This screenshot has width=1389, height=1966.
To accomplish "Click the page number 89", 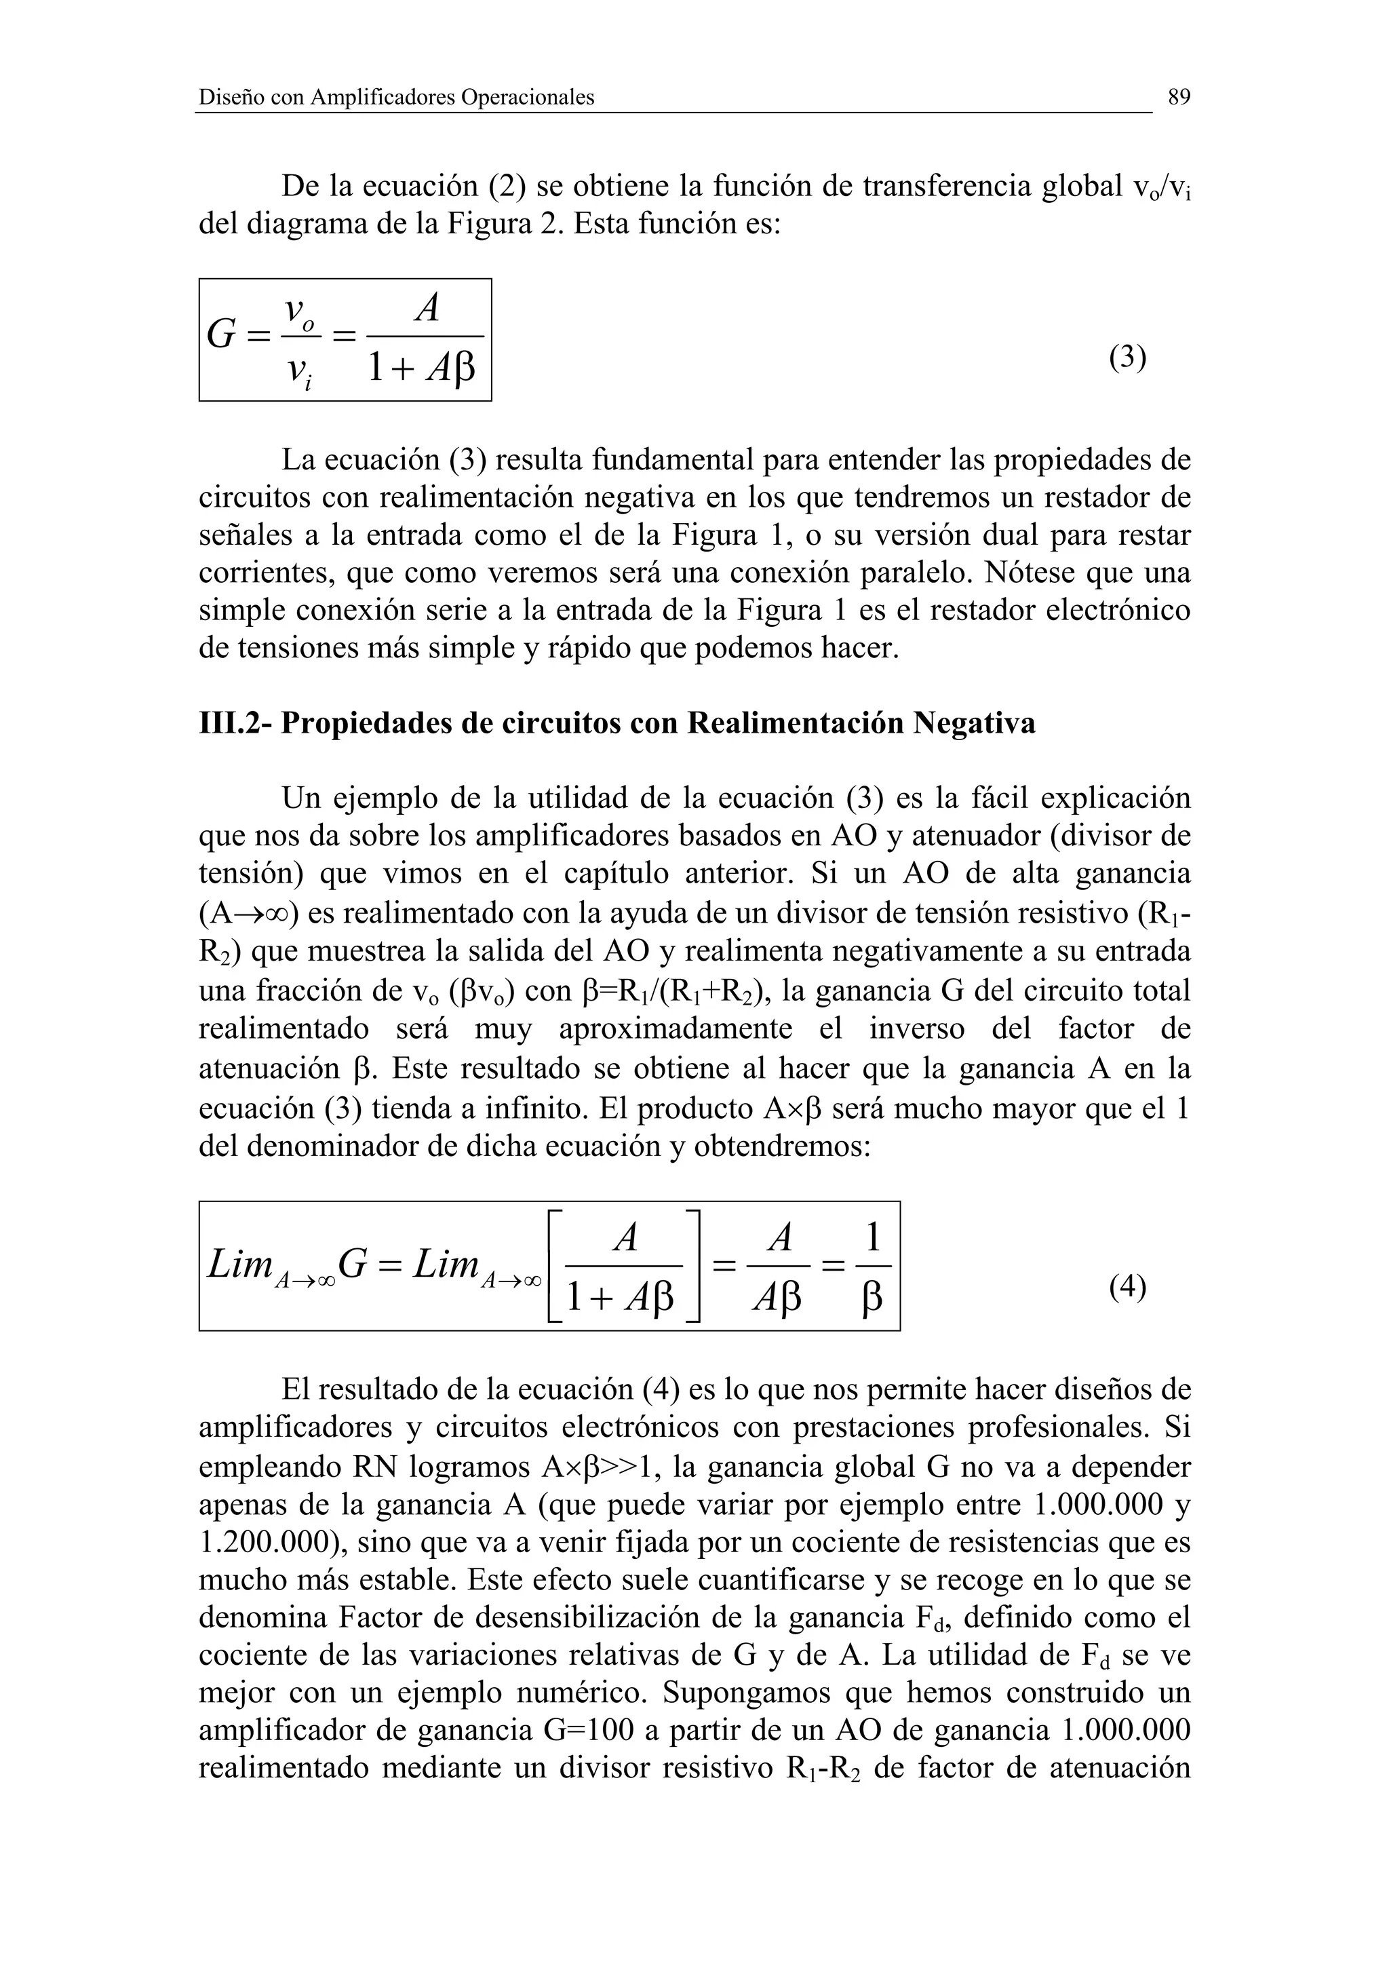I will pos(1179,98).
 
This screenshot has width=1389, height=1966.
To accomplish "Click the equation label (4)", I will pos(1127,1287).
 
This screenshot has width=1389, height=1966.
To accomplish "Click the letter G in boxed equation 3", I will pos(221,335).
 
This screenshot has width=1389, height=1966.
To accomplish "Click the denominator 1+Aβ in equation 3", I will pos(420,369).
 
